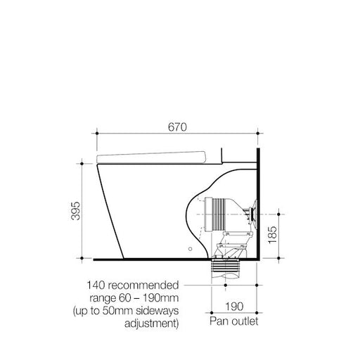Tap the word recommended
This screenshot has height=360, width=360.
(144, 287)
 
